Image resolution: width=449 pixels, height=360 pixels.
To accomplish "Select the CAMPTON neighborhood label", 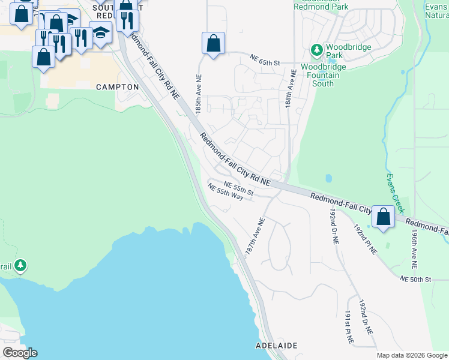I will pyautogui.click(x=118, y=87).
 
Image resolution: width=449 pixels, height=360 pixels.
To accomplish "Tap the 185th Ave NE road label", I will pyautogui.click(x=198, y=93).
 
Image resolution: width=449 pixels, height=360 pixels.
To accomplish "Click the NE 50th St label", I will pyautogui.click(x=416, y=280).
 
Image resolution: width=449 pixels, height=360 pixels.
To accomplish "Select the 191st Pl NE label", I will pyautogui.click(x=348, y=328).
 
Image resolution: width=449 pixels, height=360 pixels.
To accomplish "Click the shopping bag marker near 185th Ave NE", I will pyautogui.click(x=213, y=43).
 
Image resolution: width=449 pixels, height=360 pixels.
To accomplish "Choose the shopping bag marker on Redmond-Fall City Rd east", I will pyautogui.click(x=383, y=216).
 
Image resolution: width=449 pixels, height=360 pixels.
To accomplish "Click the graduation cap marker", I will pyautogui.click(x=100, y=32).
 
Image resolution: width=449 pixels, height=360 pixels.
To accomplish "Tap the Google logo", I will pyautogui.click(x=20, y=353).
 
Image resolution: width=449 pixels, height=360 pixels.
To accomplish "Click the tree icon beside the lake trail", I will pyautogui.click(x=20, y=265).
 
